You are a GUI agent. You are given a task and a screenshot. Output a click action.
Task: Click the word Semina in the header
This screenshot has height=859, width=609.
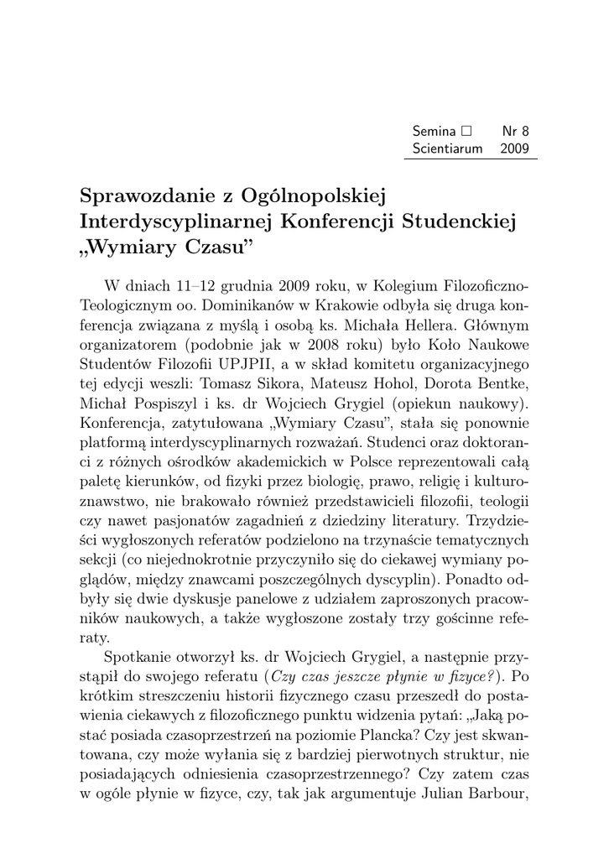tap(434, 132)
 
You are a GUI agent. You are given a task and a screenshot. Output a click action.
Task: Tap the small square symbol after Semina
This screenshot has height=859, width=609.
tap(466, 132)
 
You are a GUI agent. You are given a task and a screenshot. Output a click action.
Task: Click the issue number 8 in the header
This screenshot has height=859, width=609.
tap(526, 132)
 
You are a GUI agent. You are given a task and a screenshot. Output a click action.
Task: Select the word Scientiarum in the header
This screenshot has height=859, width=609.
tap(448, 148)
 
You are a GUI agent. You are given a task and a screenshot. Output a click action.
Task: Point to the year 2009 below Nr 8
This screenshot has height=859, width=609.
tap(514, 148)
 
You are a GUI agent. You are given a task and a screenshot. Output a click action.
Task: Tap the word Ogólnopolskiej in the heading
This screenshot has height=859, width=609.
tap(312, 197)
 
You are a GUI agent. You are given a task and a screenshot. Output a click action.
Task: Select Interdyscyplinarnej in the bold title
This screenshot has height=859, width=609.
tap(174, 222)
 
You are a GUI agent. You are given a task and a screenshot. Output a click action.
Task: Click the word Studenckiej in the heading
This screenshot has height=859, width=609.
tap(459, 221)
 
